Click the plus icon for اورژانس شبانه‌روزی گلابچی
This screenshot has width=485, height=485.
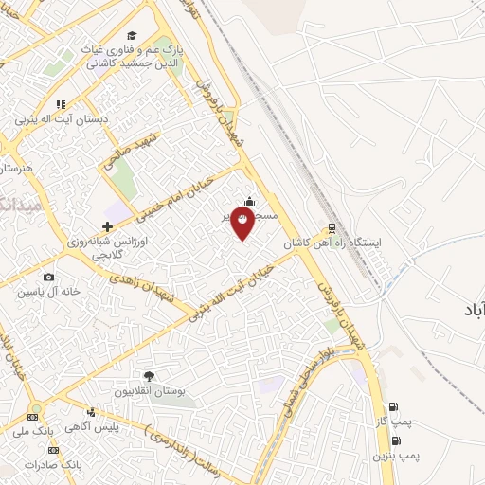point(107,226)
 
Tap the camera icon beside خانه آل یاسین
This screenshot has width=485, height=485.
point(48,278)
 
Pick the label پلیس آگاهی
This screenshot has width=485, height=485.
point(92,428)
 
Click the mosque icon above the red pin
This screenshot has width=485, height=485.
point(249,200)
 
